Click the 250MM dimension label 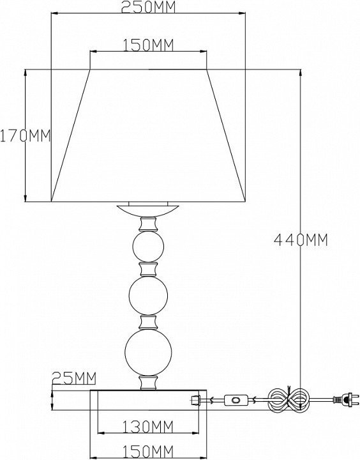(x=148, y=7)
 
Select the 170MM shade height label (x=25, y=135)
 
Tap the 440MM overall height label (x=301, y=240)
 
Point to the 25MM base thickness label (x=74, y=378)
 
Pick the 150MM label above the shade (x=148, y=45)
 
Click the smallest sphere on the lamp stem (x=148, y=247)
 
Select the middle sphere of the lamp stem (x=148, y=295)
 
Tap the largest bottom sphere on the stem (x=148, y=352)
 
